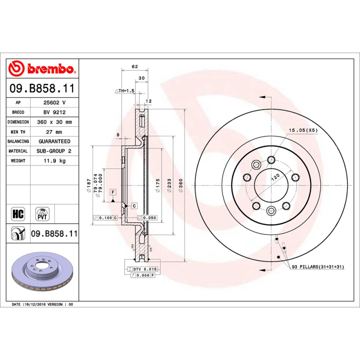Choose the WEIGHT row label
[x=18, y=161]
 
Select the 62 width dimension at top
[x=135, y=67]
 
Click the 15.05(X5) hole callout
[x=303, y=130]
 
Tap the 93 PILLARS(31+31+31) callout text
[x=318, y=267]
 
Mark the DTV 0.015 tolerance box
[x=144, y=269]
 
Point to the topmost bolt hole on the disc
[x=271, y=159]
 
